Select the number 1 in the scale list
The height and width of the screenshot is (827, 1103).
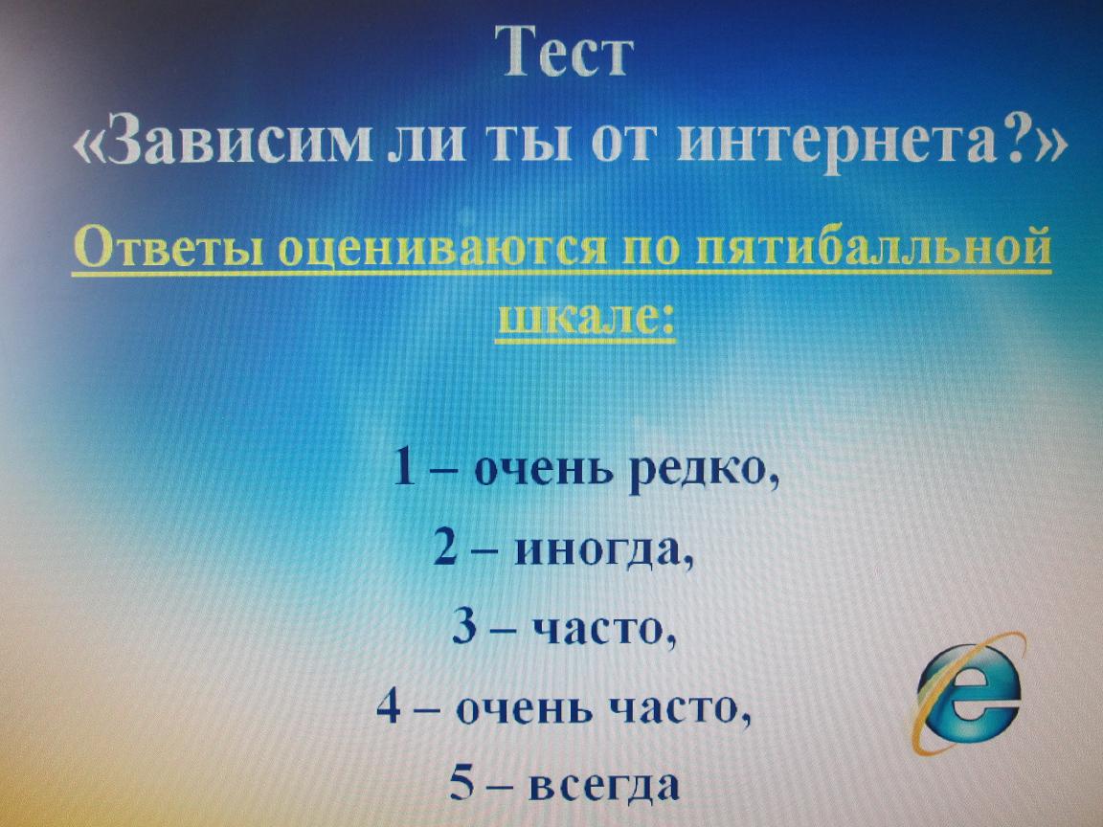click(x=403, y=465)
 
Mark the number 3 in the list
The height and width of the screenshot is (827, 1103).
click(x=463, y=626)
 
